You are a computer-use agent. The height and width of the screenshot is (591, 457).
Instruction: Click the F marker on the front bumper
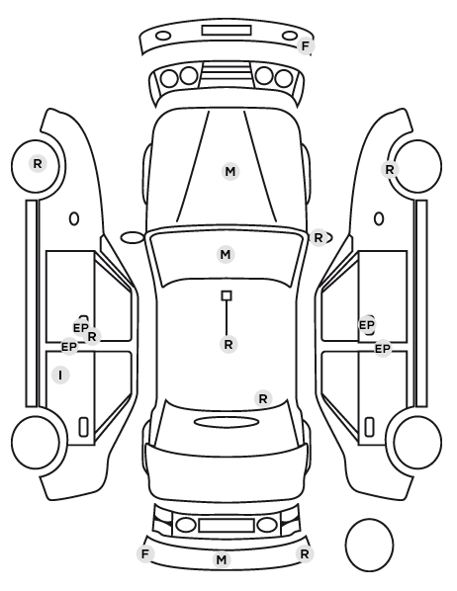pos(306,46)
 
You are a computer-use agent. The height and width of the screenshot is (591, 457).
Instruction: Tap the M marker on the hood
pos(230,172)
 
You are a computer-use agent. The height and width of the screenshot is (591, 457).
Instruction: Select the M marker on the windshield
pos(226,254)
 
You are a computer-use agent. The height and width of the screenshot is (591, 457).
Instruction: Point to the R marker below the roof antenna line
pos(228,344)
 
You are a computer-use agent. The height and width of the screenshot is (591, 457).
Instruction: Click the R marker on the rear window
pos(263,398)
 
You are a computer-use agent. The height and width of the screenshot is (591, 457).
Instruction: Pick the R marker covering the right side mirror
pos(319,238)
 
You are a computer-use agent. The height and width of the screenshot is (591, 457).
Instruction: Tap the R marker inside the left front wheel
pos(38,164)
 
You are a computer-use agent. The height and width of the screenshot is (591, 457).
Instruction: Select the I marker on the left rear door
pos(60,375)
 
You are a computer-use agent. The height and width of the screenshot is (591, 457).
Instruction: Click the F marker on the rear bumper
pos(145,553)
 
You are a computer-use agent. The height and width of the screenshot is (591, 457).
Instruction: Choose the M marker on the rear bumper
pos(222,559)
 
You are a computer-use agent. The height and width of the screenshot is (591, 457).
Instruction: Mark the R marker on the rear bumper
pos(305,553)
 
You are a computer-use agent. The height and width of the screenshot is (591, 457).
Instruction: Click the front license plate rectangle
pos(227,31)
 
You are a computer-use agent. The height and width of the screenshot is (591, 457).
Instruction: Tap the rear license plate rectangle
pos(227,525)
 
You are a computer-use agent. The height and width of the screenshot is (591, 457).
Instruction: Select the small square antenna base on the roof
pos(227,295)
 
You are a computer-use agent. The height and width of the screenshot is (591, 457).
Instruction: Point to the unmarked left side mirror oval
pos(133,237)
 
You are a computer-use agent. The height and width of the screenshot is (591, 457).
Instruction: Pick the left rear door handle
pos(83,427)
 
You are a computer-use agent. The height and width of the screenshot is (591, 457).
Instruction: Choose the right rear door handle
pos(369,427)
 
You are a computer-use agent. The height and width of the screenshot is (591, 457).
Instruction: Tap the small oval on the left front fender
pos(74,218)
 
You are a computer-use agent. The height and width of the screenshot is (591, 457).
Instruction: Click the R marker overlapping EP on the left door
pos(92,337)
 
